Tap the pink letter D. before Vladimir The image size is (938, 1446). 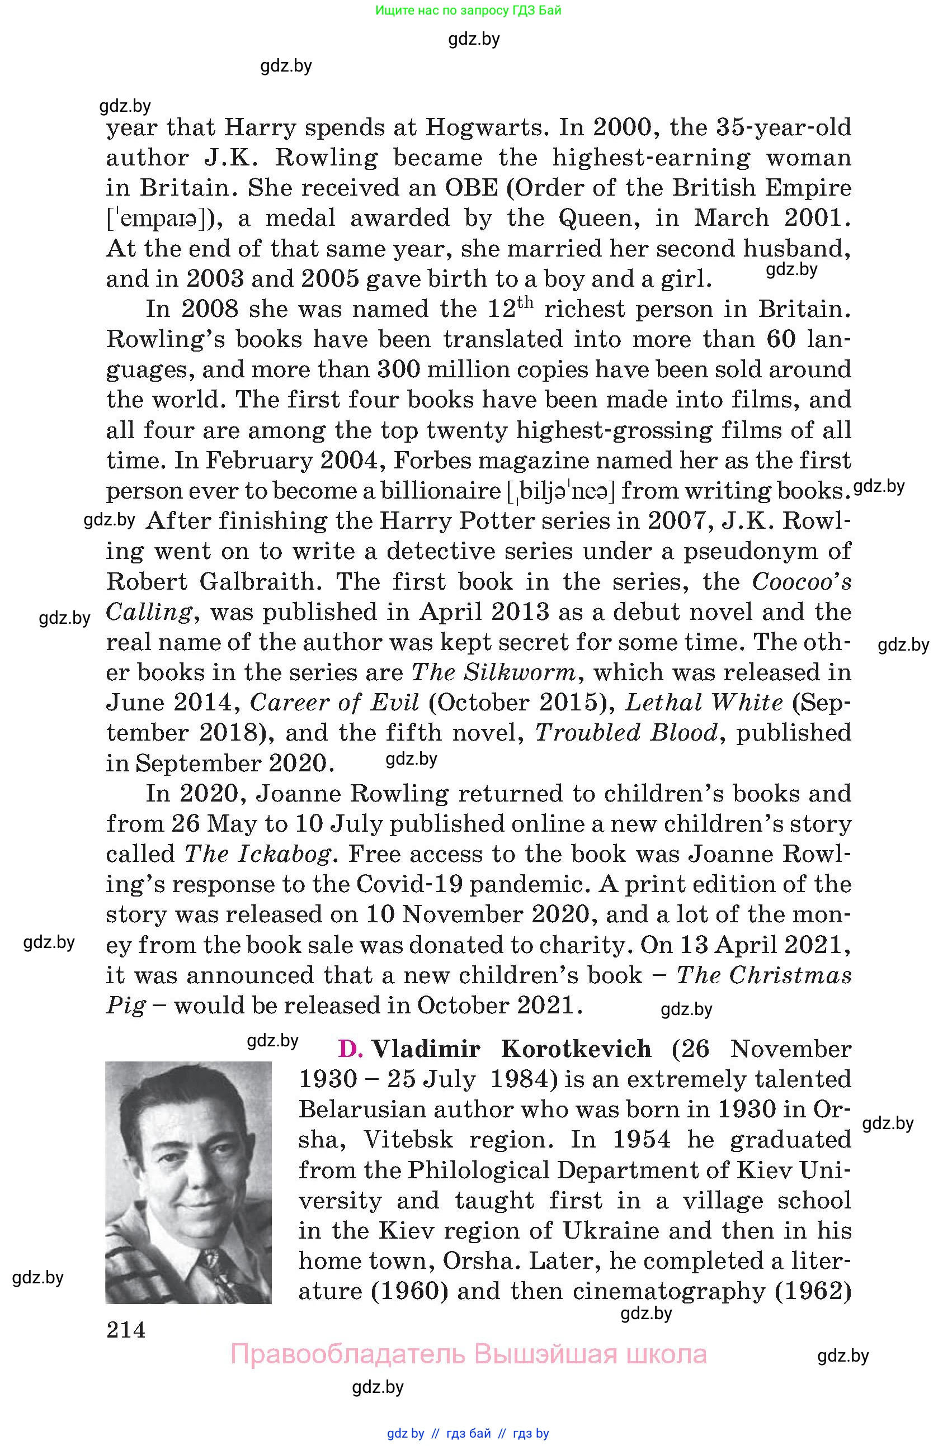(x=350, y=1049)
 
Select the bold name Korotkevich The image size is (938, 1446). (x=576, y=1049)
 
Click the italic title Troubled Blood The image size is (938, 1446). (x=626, y=733)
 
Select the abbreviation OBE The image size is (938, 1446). (x=472, y=188)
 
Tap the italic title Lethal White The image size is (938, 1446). (x=703, y=703)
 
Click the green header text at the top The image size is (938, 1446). (x=468, y=10)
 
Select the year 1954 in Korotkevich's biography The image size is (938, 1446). (x=642, y=1139)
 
